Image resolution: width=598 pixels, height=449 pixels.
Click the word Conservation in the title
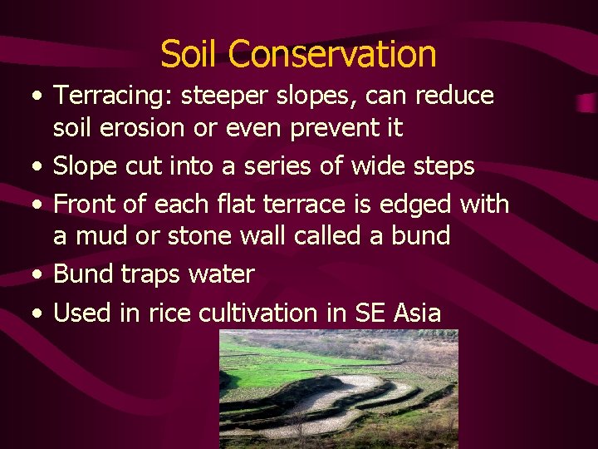click(x=332, y=54)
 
